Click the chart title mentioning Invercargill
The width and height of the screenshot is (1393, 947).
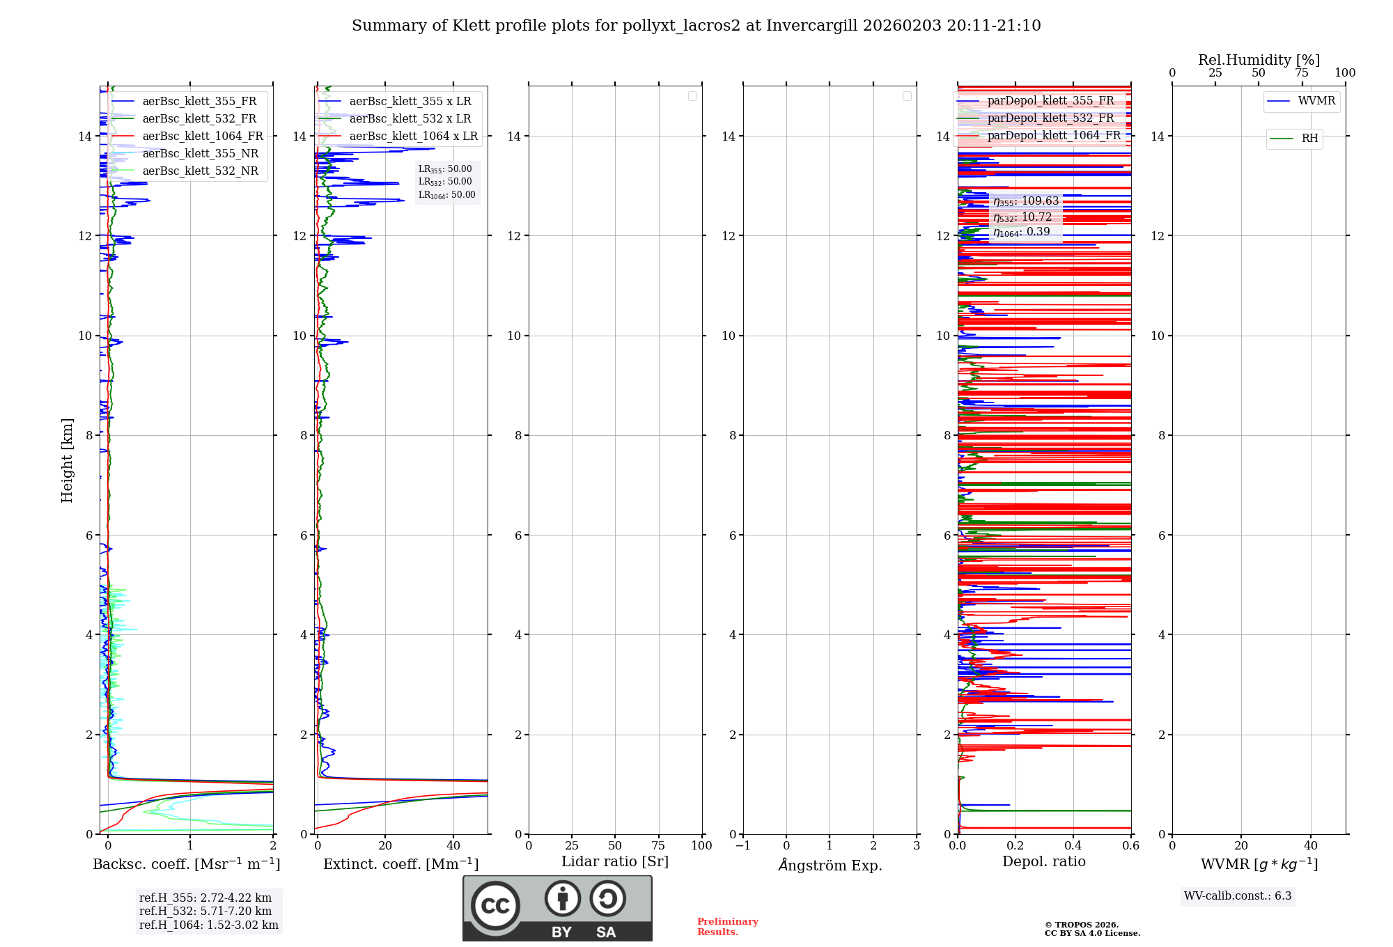point(696,26)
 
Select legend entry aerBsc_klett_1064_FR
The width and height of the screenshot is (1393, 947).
point(202,136)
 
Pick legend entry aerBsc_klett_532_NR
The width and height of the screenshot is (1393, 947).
point(200,171)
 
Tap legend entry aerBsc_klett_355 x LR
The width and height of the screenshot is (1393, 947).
point(410,102)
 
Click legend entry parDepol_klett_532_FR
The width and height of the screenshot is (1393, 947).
point(1050,118)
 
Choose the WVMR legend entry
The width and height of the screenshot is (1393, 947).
point(1316,101)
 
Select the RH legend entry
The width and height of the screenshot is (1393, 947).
point(1309,139)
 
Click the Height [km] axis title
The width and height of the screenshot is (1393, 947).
point(67,460)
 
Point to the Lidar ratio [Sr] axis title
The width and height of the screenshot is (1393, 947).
point(614,862)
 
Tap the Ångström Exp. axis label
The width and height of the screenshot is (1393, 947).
point(830,866)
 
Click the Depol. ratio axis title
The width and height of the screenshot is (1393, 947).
point(1043,862)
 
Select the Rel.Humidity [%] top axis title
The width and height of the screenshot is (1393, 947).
point(1259,60)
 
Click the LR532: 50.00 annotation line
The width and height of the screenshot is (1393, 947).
point(445,182)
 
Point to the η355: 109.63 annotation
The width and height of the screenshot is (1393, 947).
point(1026,201)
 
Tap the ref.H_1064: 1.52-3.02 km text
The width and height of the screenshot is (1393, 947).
point(208,925)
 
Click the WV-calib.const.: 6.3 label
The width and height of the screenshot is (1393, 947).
point(1238,896)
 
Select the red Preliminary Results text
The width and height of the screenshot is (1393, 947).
point(727,927)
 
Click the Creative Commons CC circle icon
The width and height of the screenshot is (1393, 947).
point(495,906)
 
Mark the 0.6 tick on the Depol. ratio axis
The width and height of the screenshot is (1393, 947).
point(1130,846)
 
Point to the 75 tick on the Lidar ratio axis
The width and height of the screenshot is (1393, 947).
point(658,846)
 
